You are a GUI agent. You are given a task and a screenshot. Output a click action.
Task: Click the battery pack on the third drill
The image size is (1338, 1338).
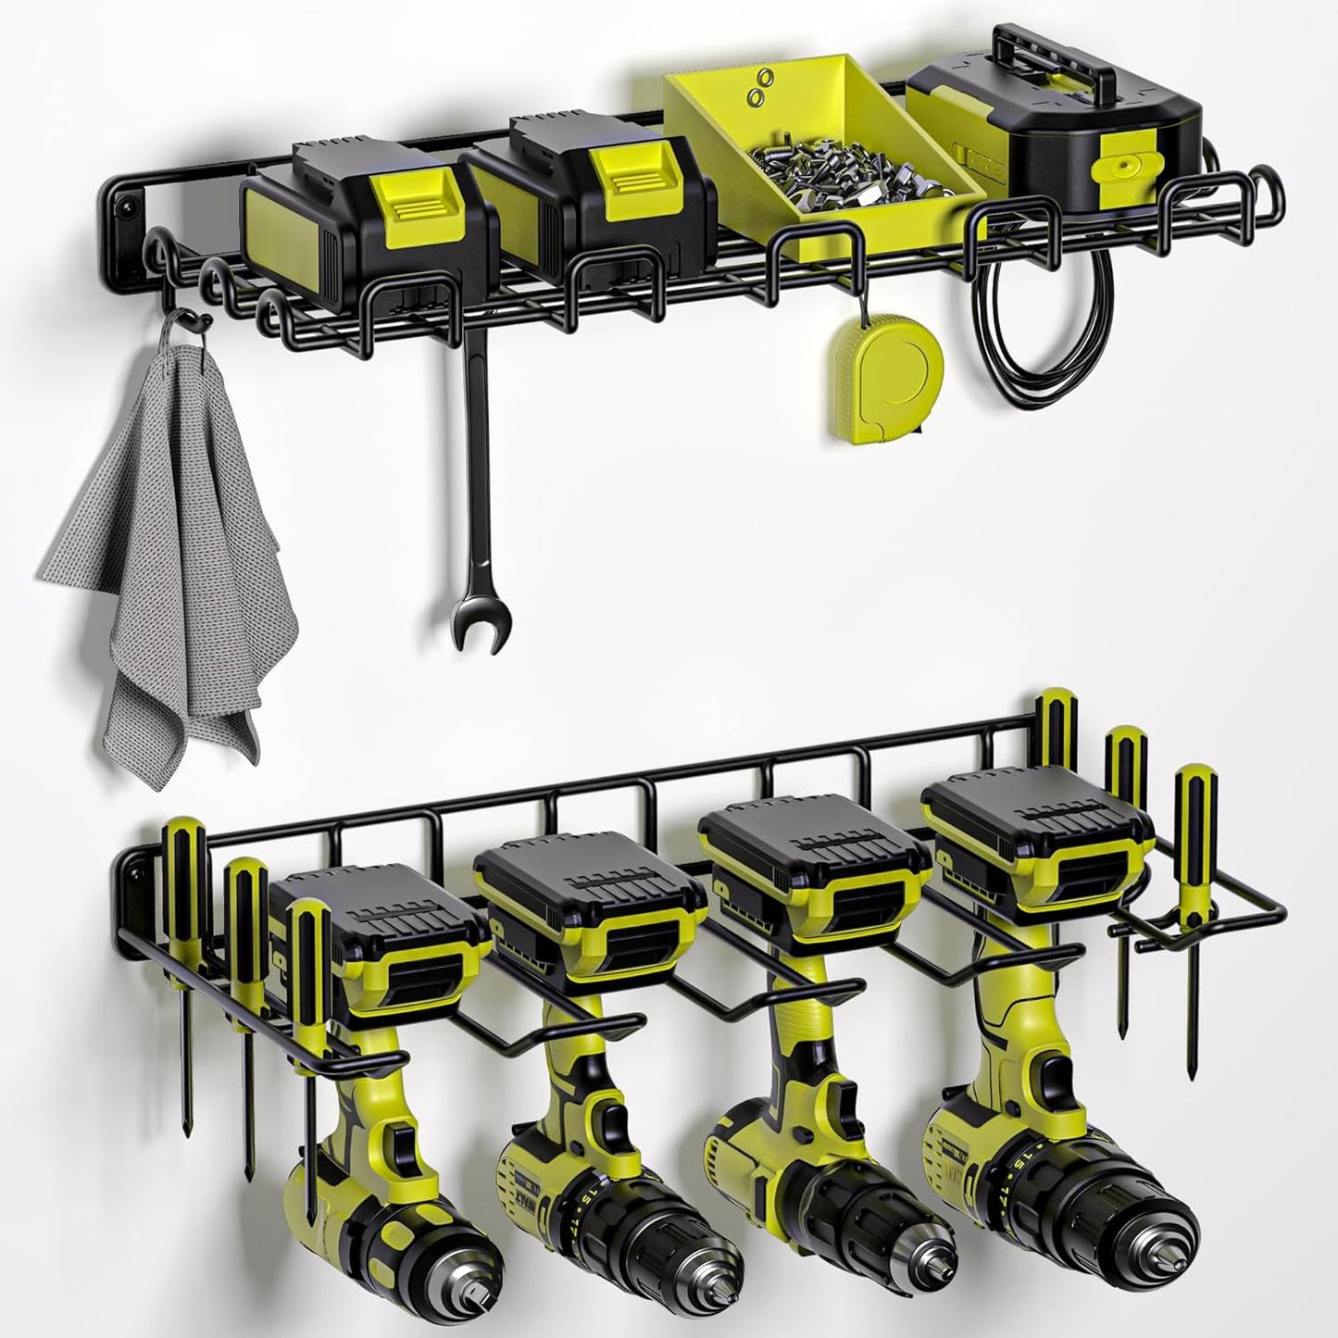coord(815,861)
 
